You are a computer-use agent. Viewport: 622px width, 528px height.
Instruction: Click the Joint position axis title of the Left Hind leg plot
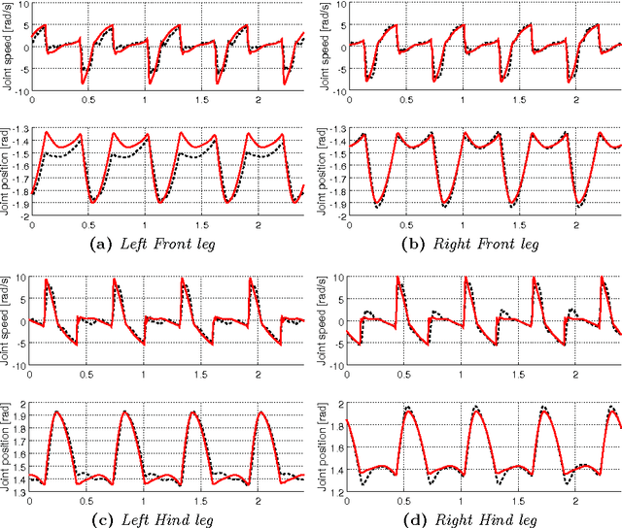tap(9, 447)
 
